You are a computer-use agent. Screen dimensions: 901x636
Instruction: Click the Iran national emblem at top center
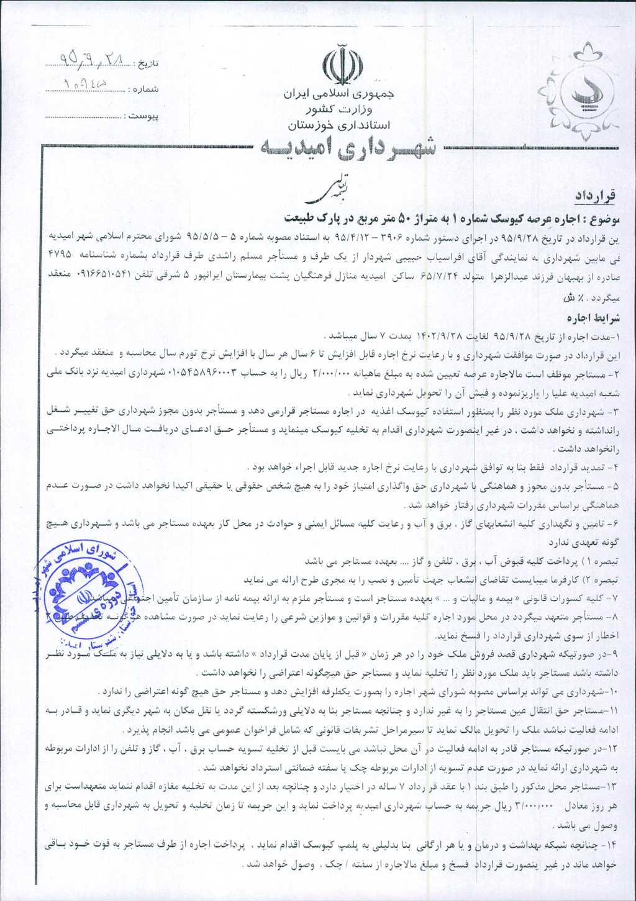[x=342, y=65]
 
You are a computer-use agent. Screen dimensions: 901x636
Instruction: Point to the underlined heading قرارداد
[x=595, y=196]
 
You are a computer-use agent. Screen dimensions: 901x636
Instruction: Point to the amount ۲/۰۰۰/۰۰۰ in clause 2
[x=334, y=374]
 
